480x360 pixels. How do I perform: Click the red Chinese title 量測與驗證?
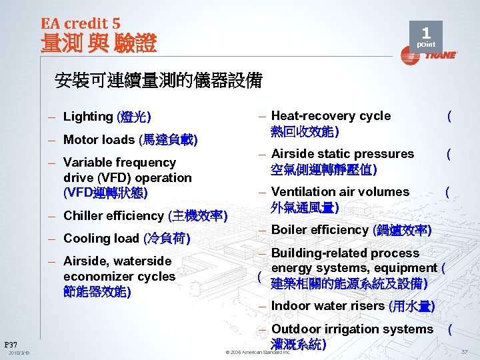99,44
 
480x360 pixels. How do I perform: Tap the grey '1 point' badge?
426,37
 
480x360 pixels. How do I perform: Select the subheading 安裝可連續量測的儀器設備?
159,81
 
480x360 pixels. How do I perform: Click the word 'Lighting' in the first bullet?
88,117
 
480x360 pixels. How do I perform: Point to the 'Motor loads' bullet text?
99,140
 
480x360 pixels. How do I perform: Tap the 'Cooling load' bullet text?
101,239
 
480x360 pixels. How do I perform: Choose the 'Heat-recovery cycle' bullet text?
331,116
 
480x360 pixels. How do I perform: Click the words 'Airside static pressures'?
342,154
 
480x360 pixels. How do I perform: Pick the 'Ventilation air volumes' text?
340,192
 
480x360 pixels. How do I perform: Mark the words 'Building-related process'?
345,253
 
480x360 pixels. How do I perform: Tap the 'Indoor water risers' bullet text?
328,307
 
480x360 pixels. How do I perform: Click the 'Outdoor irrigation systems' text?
352,329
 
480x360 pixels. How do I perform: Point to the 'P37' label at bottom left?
11,344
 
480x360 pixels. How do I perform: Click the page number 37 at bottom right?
464,351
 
